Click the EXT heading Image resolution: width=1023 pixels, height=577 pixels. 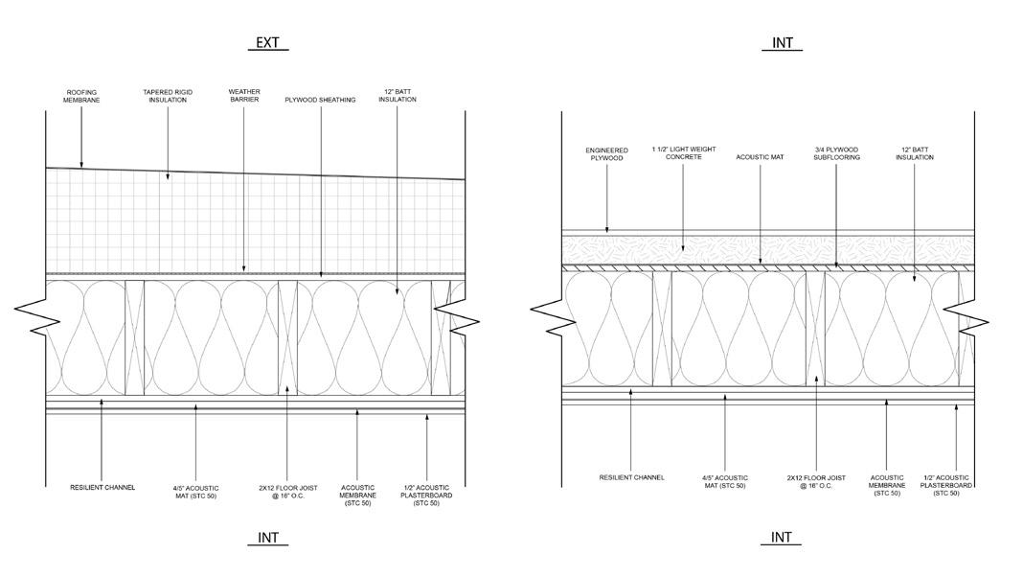pyautogui.click(x=267, y=43)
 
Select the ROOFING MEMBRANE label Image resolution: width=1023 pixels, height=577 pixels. pyautogui.click(x=80, y=96)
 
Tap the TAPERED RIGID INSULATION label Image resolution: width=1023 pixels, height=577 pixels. pyautogui.click(x=168, y=96)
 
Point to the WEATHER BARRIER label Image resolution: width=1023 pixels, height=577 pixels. pyautogui.click(x=244, y=96)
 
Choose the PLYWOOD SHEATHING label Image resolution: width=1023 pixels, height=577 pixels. pyautogui.click(x=320, y=100)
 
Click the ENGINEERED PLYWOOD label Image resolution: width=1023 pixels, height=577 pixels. pyautogui.click(x=605, y=153)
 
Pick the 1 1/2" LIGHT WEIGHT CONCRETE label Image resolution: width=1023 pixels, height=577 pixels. pyautogui.click(x=684, y=153)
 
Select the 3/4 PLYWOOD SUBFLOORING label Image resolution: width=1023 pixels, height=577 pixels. pyautogui.click(x=837, y=153)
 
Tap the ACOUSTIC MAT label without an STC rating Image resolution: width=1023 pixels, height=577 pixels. pyautogui.click(x=760, y=157)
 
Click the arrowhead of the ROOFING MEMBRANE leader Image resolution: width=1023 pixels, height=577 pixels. pyautogui.click(x=81, y=166)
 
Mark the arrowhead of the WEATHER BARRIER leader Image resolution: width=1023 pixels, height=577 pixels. pyautogui.click(x=244, y=271)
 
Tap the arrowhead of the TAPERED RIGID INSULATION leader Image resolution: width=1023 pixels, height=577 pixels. pyautogui.click(x=168, y=177)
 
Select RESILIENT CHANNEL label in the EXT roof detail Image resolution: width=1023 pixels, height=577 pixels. pyautogui.click(x=102, y=488)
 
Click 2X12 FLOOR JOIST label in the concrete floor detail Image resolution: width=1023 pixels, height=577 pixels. pyautogui.click(x=816, y=481)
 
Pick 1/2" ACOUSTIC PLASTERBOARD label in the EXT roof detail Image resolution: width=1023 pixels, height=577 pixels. pyautogui.click(x=426, y=496)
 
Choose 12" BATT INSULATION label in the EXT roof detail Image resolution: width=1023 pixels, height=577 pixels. pyautogui.click(x=398, y=96)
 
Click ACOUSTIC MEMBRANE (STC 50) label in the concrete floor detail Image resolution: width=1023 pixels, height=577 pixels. pyautogui.click(x=887, y=485)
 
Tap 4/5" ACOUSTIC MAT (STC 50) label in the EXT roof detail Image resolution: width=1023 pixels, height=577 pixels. pyautogui.click(x=195, y=492)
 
